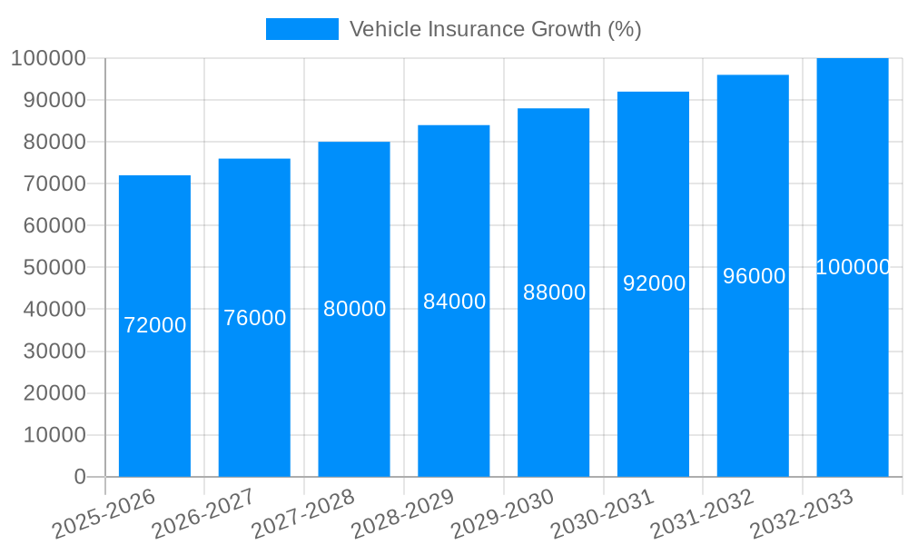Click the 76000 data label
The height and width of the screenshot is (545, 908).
pos(255,318)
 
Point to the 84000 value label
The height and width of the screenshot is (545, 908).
pos(454,302)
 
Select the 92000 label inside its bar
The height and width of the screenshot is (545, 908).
pos(654,284)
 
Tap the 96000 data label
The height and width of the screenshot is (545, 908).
pos(754,276)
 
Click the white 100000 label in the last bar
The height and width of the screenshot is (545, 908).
pos(853,267)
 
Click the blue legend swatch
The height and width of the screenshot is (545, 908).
pos(301,29)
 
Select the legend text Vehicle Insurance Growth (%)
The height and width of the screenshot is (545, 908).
pos(495,29)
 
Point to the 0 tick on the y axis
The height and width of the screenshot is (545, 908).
pos(80,477)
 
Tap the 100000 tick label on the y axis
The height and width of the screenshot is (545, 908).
pos(48,58)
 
